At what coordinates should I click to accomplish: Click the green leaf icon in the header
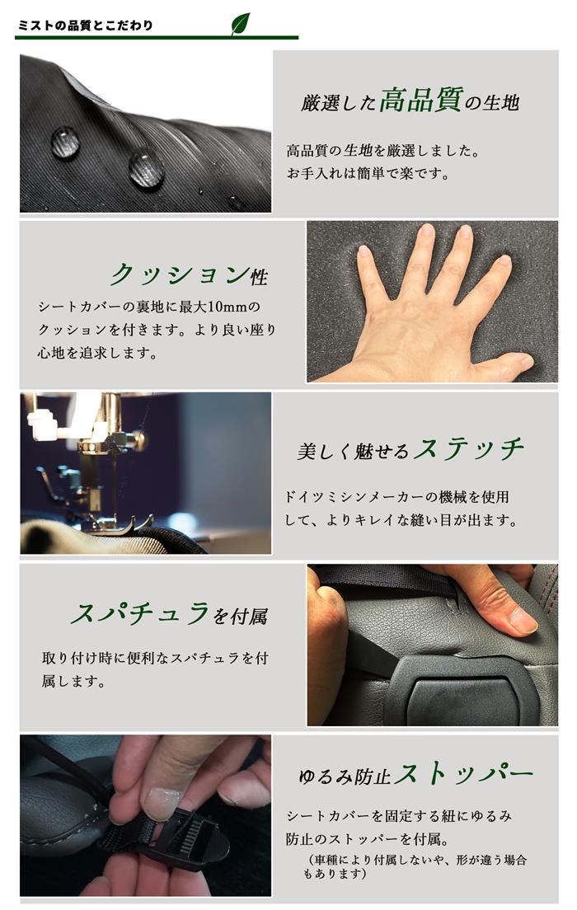pyautogui.click(x=241, y=23)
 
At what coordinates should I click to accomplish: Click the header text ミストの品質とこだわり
pyautogui.click(x=85, y=26)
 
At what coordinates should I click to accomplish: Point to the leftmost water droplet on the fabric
pyautogui.click(x=65, y=142)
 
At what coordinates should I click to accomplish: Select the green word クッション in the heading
pyautogui.click(x=179, y=274)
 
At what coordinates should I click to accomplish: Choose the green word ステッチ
pyautogui.click(x=468, y=450)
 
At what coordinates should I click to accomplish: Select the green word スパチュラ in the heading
pyautogui.click(x=140, y=614)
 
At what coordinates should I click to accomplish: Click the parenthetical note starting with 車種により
pyautogui.click(x=415, y=866)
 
